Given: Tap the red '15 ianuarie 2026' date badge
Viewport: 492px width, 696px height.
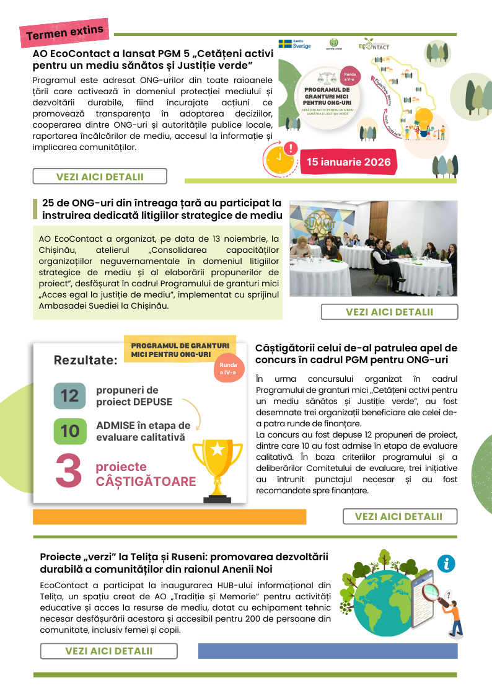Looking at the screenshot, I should point(348,162).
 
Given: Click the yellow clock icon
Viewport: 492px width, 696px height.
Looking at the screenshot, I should point(280,161).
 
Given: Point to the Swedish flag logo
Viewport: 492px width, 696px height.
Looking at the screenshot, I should point(285,44).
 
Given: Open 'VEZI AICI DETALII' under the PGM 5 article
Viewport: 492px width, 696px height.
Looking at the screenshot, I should point(100,177).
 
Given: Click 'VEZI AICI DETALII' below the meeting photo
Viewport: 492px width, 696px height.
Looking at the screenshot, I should point(389,312).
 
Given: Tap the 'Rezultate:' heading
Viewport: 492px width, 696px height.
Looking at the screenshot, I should point(86,360).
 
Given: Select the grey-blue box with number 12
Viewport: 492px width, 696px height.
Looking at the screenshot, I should point(69,396).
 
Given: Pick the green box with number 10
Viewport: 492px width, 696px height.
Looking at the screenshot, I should point(69,431).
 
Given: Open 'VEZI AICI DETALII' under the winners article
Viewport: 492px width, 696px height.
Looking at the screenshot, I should point(398,516).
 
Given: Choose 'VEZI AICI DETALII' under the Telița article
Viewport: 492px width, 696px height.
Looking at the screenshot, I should point(108,651).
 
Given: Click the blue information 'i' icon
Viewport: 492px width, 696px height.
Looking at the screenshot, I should point(446,563).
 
